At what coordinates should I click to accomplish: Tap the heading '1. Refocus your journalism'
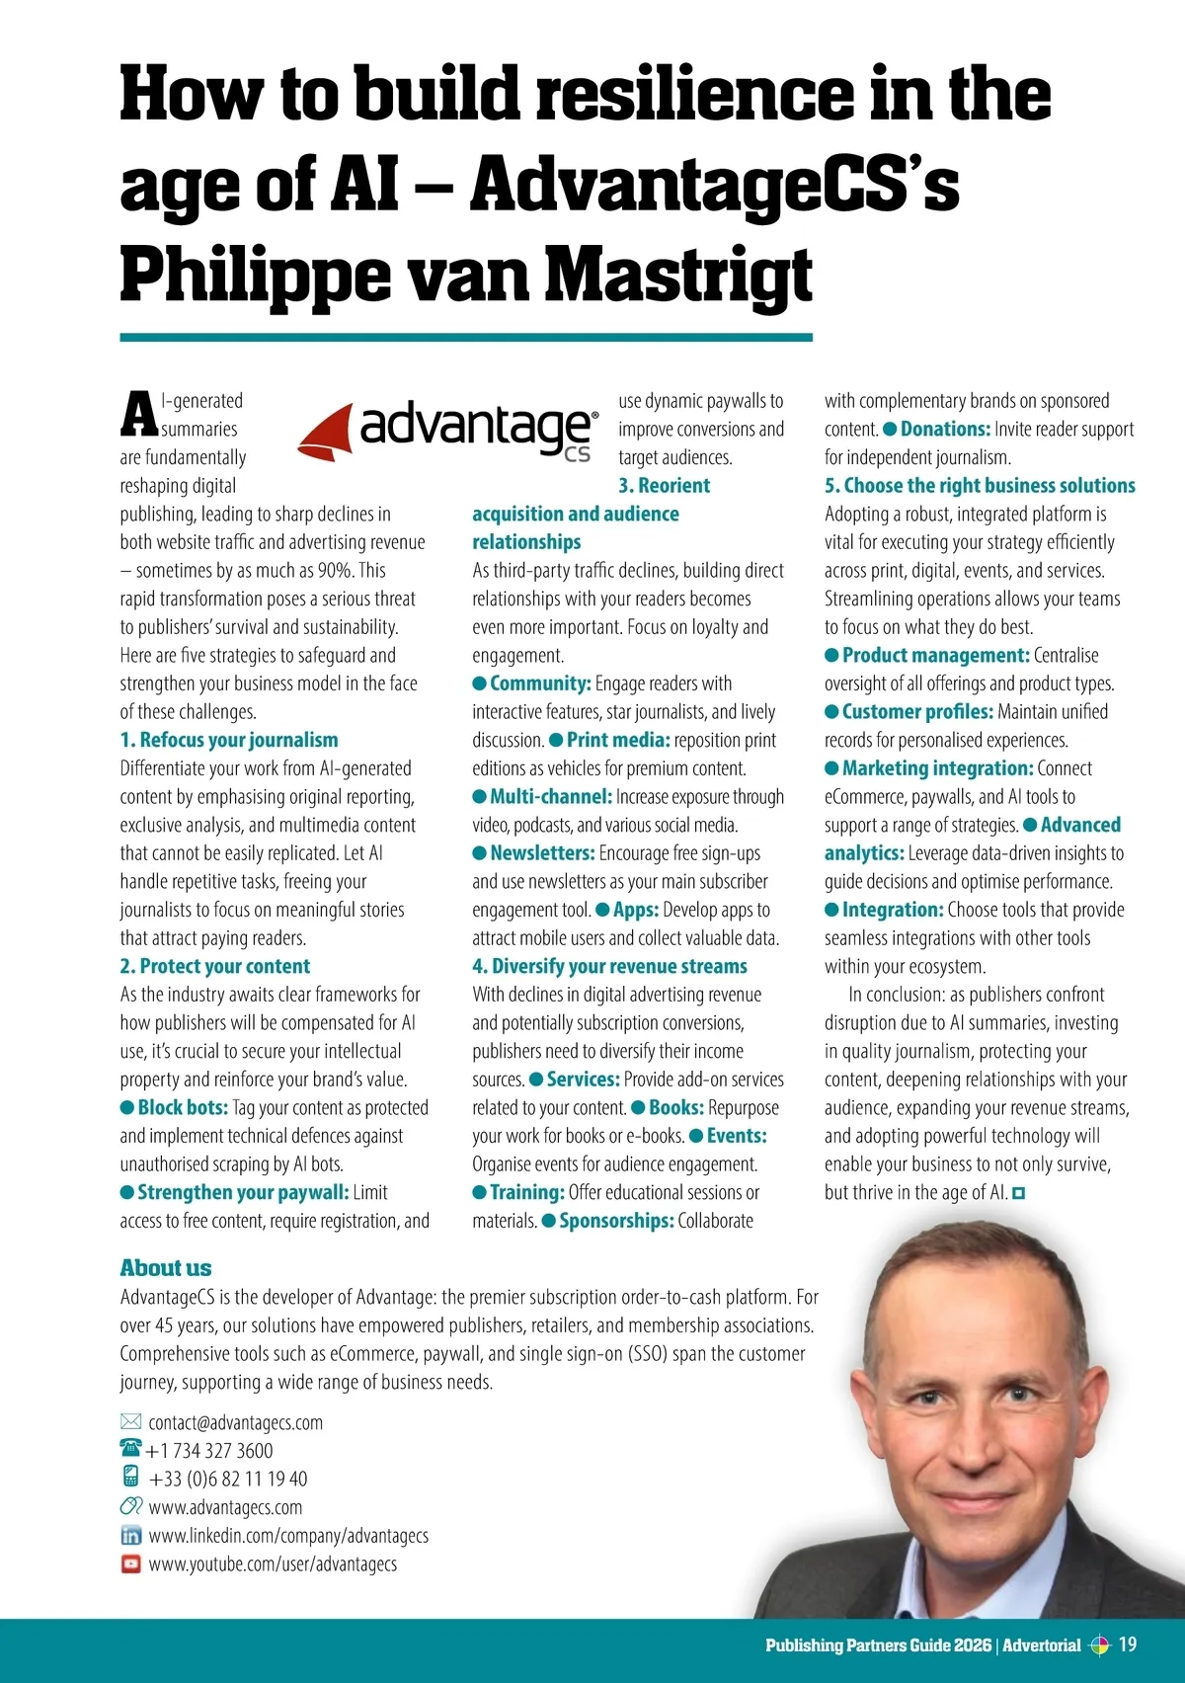(x=229, y=740)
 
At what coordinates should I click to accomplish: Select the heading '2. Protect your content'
(x=215, y=966)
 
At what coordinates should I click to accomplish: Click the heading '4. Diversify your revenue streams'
(x=609, y=966)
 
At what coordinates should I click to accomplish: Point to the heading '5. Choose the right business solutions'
(x=980, y=485)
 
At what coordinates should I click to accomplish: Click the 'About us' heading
(x=166, y=1268)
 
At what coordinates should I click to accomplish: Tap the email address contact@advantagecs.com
(x=235, y=1422)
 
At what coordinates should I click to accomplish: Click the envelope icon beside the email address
(x=130, y=1421)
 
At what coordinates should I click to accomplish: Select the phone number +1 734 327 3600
(x=209, y=1451)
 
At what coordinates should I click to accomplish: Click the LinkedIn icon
(x=130, y=1536)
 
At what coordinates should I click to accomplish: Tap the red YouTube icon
(x=130, y=1563)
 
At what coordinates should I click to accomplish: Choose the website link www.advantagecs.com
(x=225, y=1507)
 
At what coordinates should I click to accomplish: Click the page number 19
(x=1127, y=1644)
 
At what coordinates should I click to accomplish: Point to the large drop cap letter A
(x=138, y=414)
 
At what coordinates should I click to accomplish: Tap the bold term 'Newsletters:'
(x=542, y=852)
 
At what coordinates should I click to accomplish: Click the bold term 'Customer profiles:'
(x=917, y=711)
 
